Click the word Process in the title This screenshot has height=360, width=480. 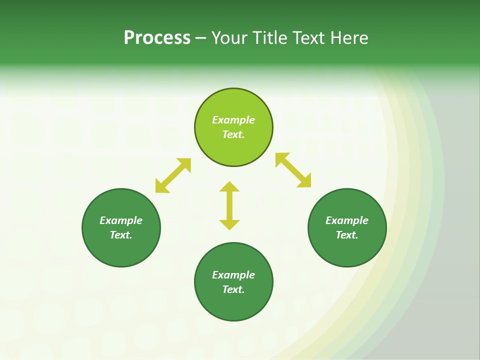157,38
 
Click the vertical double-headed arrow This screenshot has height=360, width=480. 229,205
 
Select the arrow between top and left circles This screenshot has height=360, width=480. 173,175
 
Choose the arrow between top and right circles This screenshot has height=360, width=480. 293,170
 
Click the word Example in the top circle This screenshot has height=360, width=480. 233,120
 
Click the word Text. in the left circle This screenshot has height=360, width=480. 121,235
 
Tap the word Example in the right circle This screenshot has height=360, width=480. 347,220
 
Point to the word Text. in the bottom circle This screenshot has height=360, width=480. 233,289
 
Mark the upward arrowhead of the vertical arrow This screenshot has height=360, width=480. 229,187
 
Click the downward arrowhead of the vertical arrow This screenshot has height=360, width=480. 229,224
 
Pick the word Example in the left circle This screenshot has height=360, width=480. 121,220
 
